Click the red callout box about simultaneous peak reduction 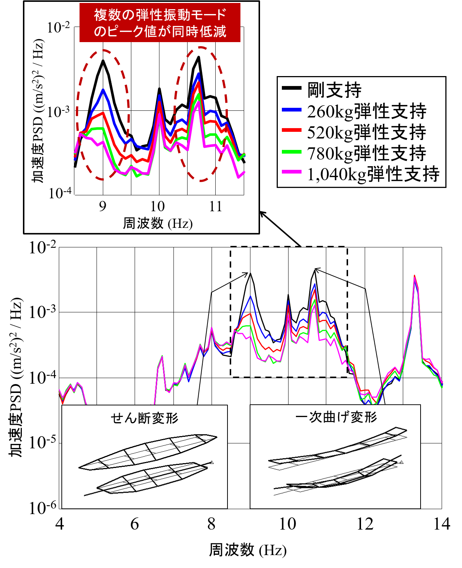pos(160,23)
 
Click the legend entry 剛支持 pos(334,90)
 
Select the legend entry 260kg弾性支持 pos(366,111)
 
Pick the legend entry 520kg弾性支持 pos(366,132)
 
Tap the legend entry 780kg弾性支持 pos(366,153)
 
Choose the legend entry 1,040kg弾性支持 pos(373,174)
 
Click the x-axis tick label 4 pos(60,524)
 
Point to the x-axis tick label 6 pos(135,524)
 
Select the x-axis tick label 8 pos(211,524)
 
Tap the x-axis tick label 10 pos(287,524)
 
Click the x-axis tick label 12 pos(365,524)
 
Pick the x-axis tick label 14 pos(441,524)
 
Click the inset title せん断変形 pos(145,418)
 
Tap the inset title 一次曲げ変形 pos(336,417)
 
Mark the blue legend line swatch pos(292,110)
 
